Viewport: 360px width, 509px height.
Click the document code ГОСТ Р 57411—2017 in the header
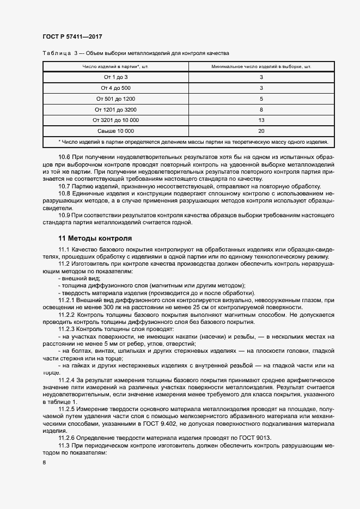pos(72,36)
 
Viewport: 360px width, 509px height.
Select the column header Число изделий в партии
pos(115,67)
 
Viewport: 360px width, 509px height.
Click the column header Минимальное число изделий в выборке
pos(261,67)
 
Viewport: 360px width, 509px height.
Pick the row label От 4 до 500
pos(115,88)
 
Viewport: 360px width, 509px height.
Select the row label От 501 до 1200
pos(115,99)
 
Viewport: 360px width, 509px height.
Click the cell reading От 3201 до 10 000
pos(115,120)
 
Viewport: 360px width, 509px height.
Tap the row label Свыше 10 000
pos(115,131)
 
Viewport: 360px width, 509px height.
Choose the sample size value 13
pos(261,120)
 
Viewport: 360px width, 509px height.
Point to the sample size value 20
pos(261,131)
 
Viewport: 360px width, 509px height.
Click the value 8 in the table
pos(261,109)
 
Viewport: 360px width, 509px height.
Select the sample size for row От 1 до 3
pos(261,77)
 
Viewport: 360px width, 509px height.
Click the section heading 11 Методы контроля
pos(95,238)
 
